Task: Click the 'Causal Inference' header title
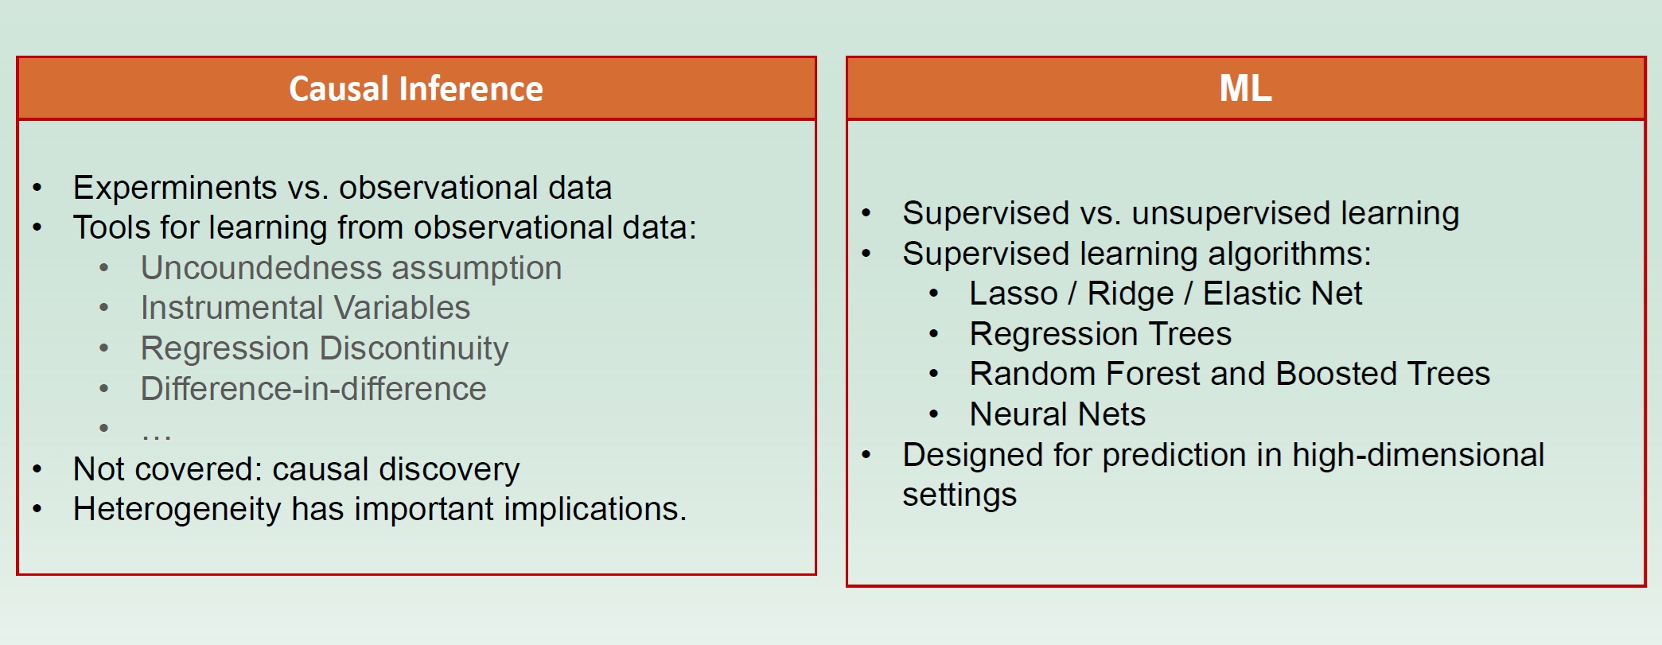[416, 88]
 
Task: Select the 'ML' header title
[1246, 88]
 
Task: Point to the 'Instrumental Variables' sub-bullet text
[306, 308]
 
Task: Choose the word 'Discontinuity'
[415, 349]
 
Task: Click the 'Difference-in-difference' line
[313, 389]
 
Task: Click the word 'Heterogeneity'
[177, 510]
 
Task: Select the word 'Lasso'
[1014, 293]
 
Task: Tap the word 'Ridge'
[1131, 294]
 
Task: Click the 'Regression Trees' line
[1100, 335]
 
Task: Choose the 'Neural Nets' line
[1057, 414]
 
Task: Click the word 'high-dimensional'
[1419, 456]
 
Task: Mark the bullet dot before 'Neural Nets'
[934, 414]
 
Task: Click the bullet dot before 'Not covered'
[37, 469]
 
